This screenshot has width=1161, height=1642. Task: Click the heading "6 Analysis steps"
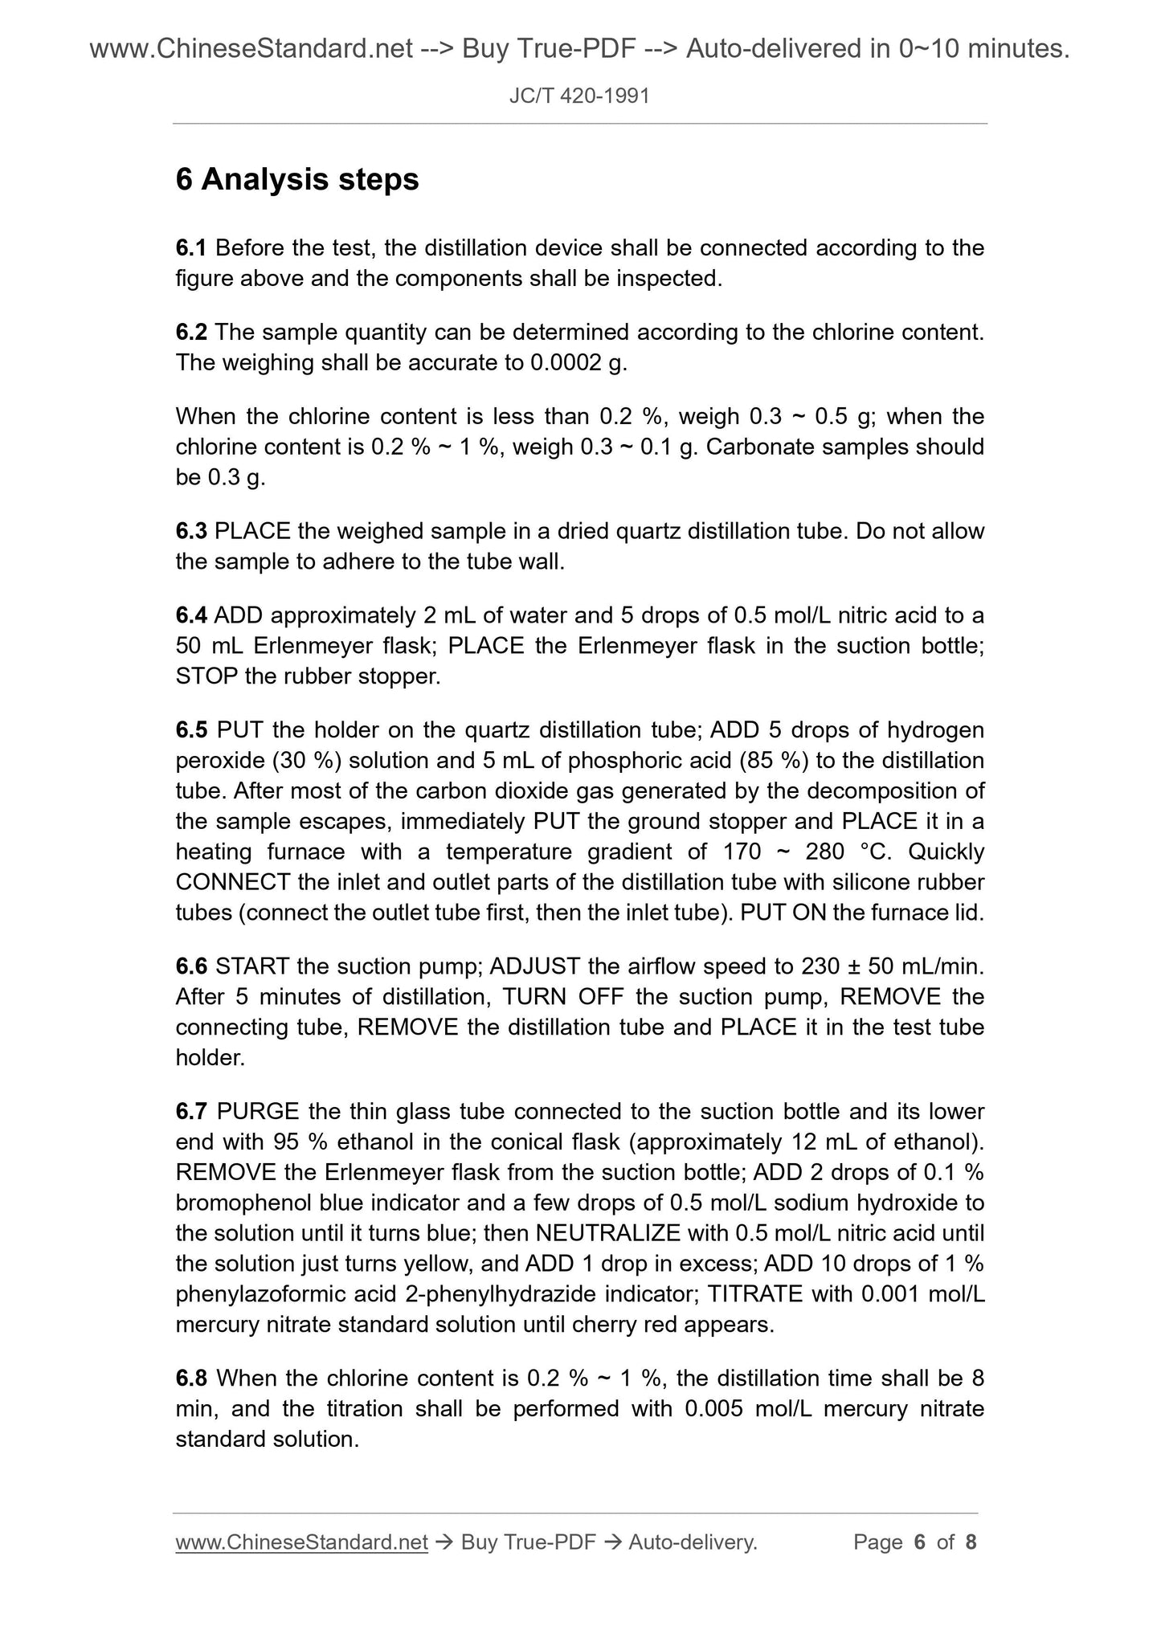(297, 179)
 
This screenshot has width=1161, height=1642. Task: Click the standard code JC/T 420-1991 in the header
(579, 96)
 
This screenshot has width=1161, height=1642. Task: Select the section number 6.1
(191, 247)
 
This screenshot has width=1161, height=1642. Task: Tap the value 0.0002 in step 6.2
(566, 362)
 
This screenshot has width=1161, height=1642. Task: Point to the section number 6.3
(191, 531)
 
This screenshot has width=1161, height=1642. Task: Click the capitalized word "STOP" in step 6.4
(206, 676)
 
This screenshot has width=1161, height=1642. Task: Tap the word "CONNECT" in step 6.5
(233, 882)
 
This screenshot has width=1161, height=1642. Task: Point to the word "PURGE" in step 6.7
(258, 1112)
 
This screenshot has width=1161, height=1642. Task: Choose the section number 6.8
(191, 1379)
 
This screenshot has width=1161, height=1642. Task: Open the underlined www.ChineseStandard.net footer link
(301, 1542)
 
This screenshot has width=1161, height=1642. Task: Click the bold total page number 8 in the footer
(971, 1542)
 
